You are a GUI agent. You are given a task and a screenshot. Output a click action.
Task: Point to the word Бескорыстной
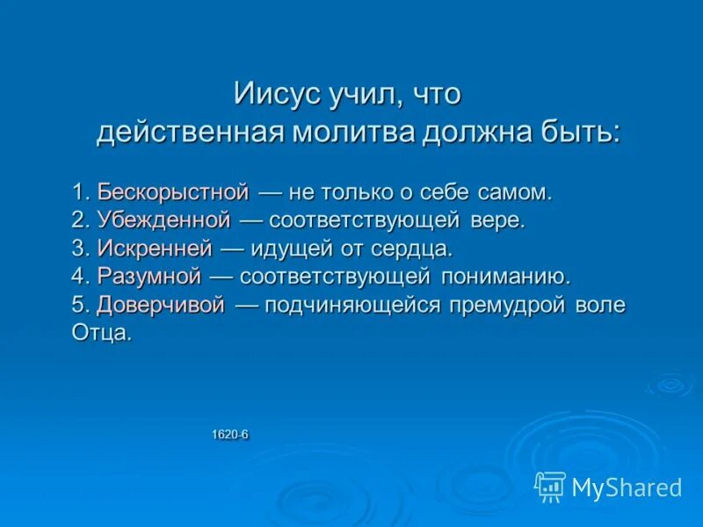click(174, 191)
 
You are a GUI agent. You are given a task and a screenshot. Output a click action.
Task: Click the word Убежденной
click(164, 220)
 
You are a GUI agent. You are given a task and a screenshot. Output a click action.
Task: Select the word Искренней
click(156, 248)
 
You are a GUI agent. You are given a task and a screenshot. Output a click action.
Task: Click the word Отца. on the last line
click(102, 333)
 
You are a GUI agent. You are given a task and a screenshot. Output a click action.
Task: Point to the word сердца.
click(417, 248)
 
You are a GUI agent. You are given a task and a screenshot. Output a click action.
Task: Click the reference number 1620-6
click(230, 434)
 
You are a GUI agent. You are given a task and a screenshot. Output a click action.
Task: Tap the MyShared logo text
click(627, 486)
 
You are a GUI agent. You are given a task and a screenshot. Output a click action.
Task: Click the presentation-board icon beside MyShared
click(549, 486)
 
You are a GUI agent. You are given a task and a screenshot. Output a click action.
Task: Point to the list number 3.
click(78, 248)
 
